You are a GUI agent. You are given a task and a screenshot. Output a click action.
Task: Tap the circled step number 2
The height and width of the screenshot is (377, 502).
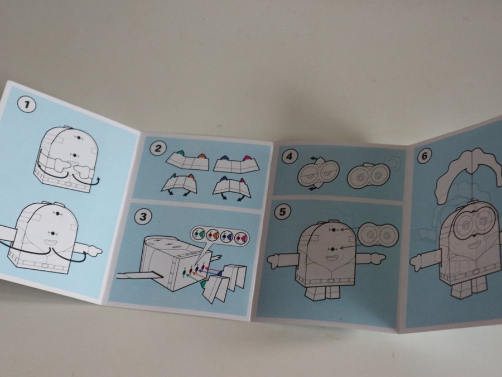(x=158, y=149)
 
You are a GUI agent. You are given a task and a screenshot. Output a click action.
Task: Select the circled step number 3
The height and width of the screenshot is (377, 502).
(x=143, y=217)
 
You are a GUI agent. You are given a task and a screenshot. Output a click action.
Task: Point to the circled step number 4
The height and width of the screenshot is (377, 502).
(x=289, y=157)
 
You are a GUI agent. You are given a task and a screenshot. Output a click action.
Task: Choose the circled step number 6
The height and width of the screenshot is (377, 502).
(x=424, y=156)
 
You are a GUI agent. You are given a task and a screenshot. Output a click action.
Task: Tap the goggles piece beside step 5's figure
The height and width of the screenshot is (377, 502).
(x=378, y=235)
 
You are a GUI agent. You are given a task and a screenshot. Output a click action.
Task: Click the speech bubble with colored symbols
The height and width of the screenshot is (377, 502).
(x=220, y=238)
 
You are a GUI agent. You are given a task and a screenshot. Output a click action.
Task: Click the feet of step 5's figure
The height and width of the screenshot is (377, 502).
(x=323, y=293)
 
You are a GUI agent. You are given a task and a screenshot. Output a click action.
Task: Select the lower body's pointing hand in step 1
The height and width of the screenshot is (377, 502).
(x=94, y=250)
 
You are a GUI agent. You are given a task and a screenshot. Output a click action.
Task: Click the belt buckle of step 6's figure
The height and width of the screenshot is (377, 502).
(x=477, y=272)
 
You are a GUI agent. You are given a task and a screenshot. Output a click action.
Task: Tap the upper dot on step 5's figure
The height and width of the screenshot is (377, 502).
(x=334, y=230)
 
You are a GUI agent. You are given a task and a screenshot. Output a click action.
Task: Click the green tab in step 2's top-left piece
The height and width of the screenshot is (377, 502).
(x=180, y=153)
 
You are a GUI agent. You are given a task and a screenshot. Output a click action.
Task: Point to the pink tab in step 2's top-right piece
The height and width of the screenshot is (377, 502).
(x=246, y=158)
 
